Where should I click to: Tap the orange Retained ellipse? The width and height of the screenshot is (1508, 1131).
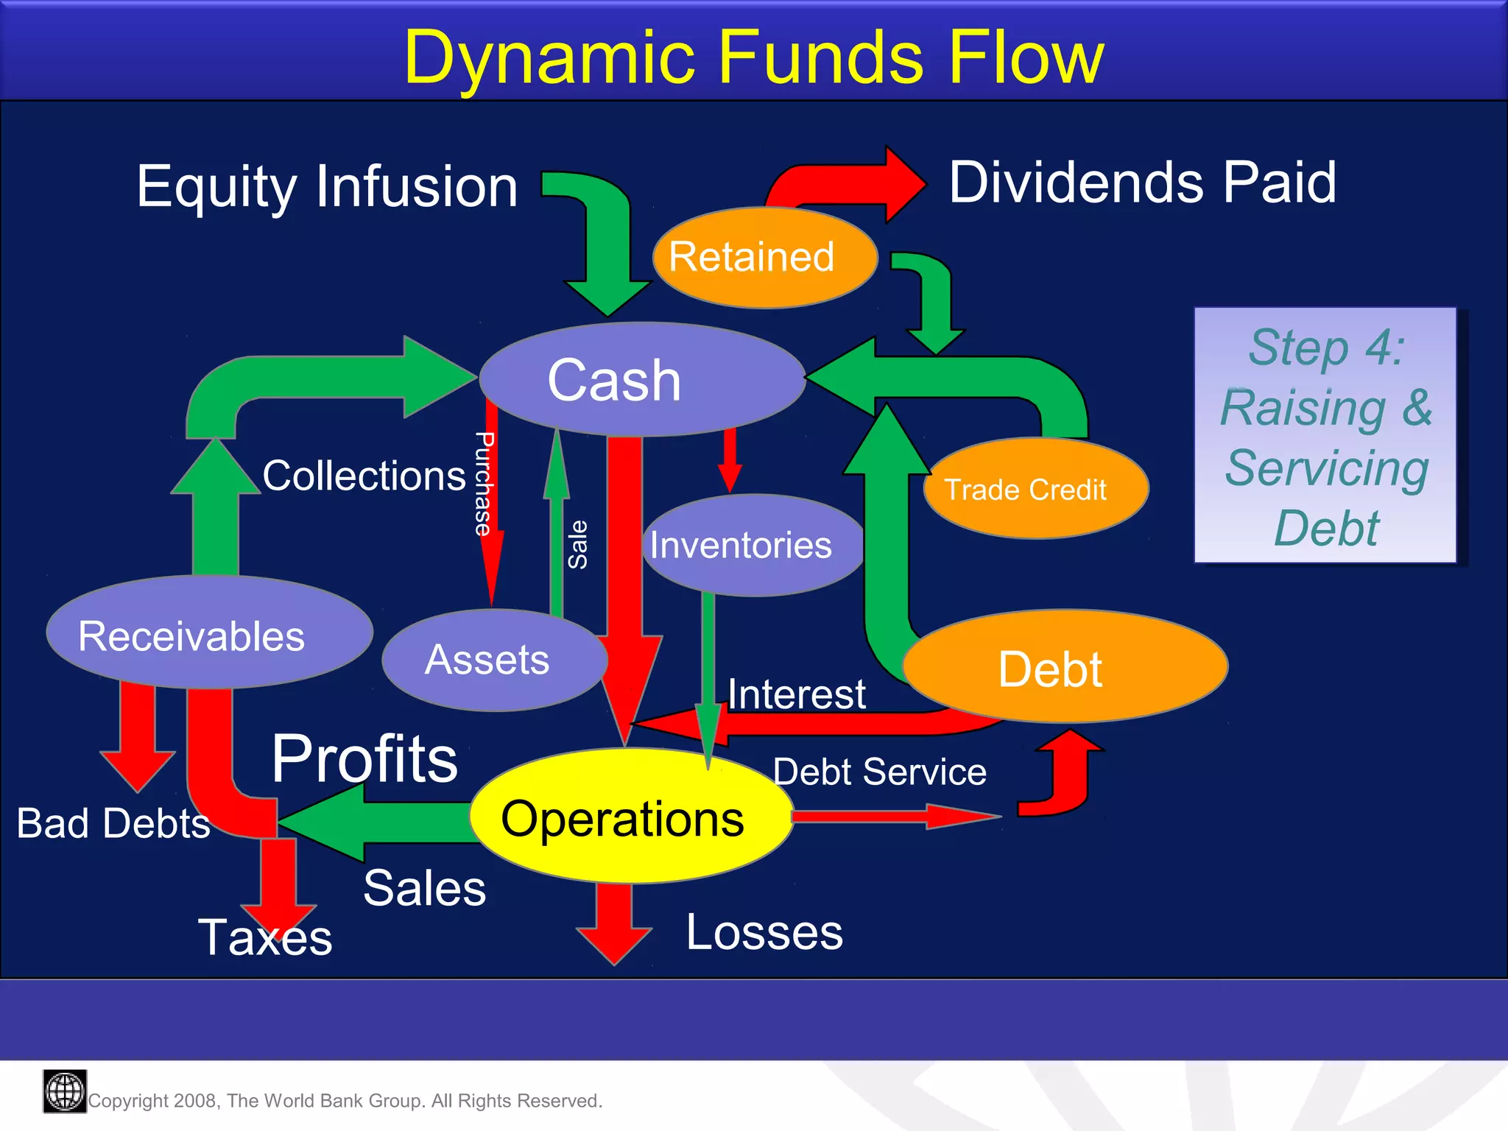(x=764, y=258)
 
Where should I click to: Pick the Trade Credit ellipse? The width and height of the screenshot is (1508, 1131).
(x=1035, y=489)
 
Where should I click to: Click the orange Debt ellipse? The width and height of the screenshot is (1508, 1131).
(x=1064, y=666)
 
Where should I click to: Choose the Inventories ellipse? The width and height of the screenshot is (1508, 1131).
(x=751, y=545)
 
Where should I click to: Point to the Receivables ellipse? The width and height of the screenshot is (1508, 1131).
(x=208, y=633)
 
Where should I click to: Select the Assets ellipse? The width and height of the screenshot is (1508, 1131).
(x=493, y=660)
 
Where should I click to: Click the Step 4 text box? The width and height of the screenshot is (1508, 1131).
(x=1325, y=436)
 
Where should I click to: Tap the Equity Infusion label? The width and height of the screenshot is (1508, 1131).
(x=327, y=187)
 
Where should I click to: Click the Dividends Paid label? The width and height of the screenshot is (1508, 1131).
(x=1141, y=183)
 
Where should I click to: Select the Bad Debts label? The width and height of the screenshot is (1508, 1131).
(x=113, y=823)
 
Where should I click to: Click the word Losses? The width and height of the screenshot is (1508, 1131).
(x=764, y=933)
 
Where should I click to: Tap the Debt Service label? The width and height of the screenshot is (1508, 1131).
(x=879, y=772)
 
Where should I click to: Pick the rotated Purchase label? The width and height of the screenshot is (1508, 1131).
(x=483, y=483)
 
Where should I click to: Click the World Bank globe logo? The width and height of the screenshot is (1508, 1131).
(x=65, y=1091)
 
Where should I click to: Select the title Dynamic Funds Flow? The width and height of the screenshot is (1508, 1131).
(x=753, y=57)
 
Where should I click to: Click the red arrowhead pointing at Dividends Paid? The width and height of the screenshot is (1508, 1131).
(x=904, y=184)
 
